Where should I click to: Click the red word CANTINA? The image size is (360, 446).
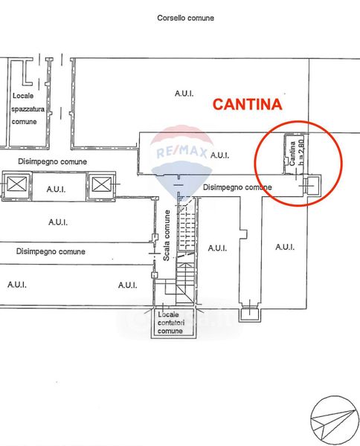click(x=247, y=104)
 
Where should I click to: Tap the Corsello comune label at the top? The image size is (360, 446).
click(x=185, y=18)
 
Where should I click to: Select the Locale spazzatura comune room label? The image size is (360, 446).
click(x=28, y=109)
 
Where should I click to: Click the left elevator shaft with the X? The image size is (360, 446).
click(x=17, y=184)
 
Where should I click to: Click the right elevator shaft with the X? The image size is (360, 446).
click(x=102, y=184)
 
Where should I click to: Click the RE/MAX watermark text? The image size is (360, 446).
click(x=181, y=151)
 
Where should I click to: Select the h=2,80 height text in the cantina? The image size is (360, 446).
click(x=300, y=152)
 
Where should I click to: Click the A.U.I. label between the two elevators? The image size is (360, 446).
click(x=56, y=189)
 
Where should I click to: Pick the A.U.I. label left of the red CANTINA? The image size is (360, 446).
click(x=184, y=94)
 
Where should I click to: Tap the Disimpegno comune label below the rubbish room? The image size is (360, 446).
click(x=52, y=161)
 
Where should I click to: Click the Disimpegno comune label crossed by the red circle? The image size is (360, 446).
click(x=237, y=187)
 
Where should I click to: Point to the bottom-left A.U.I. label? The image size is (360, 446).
click(x=17, y=285)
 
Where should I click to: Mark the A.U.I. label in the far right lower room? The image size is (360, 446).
click(x=285, y=247)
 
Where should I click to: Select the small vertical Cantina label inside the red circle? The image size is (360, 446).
click(x=292, y=154)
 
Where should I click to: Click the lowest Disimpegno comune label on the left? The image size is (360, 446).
click(x=51, y=251)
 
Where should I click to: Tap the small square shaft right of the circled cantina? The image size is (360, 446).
click(x=312, y=185)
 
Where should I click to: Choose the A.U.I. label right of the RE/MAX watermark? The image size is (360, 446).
click(x=219, y=155)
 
